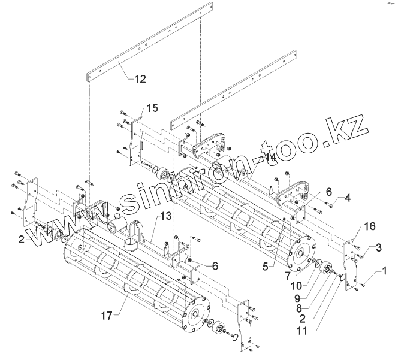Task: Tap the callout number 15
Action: [153, 108]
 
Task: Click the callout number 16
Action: [370, 226]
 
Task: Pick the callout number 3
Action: [378, 247]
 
